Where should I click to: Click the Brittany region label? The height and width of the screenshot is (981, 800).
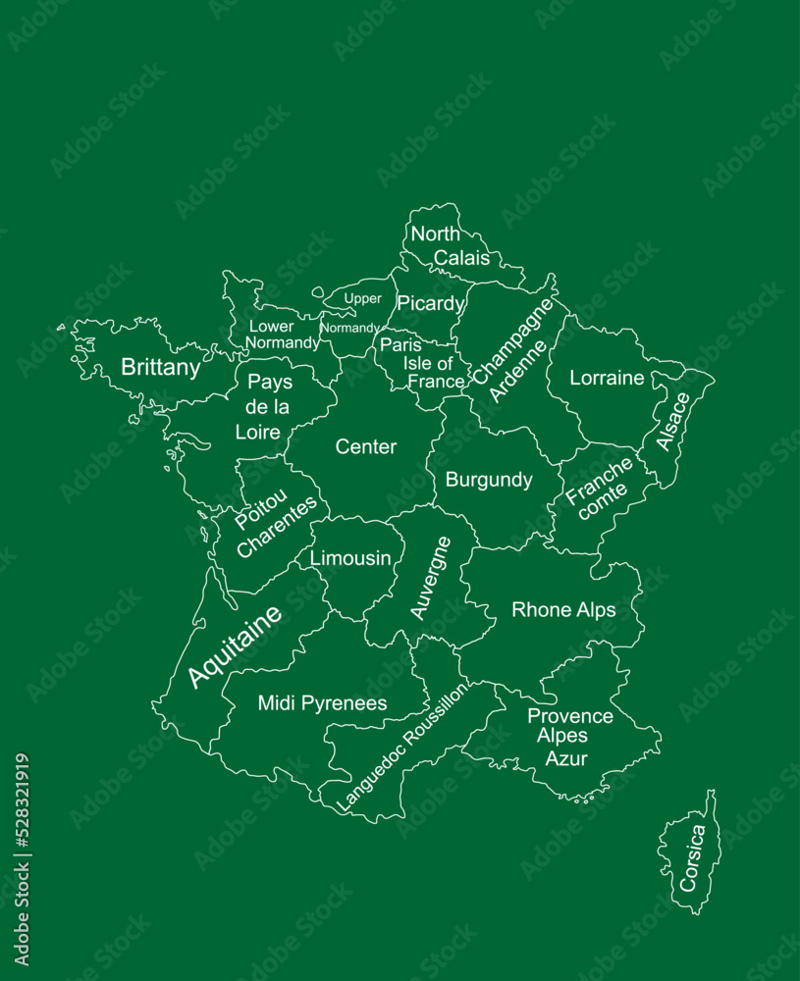160,368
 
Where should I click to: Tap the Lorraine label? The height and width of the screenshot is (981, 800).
607,378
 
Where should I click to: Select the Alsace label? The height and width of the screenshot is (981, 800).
673,422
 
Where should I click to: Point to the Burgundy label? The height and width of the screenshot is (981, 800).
489,480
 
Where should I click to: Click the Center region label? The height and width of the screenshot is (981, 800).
366,447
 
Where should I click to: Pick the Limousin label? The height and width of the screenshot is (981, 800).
350,558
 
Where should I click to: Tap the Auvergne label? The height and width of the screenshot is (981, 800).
431,578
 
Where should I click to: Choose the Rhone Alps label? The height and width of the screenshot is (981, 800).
563,610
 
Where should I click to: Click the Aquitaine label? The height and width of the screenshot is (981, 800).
235,645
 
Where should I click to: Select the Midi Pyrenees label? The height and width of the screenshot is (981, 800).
322,703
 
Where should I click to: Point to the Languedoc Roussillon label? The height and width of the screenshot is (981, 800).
402,747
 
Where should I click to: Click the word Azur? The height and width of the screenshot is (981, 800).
566,758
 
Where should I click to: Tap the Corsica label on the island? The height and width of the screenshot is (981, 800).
692,857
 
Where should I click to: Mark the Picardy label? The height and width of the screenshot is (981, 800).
430,304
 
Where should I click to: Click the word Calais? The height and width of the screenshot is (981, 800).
461,258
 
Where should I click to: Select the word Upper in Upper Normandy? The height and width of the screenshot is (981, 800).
362,298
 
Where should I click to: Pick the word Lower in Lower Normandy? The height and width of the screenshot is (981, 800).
271,326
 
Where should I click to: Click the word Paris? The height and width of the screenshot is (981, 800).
400,345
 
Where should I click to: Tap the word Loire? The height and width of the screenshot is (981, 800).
258,432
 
